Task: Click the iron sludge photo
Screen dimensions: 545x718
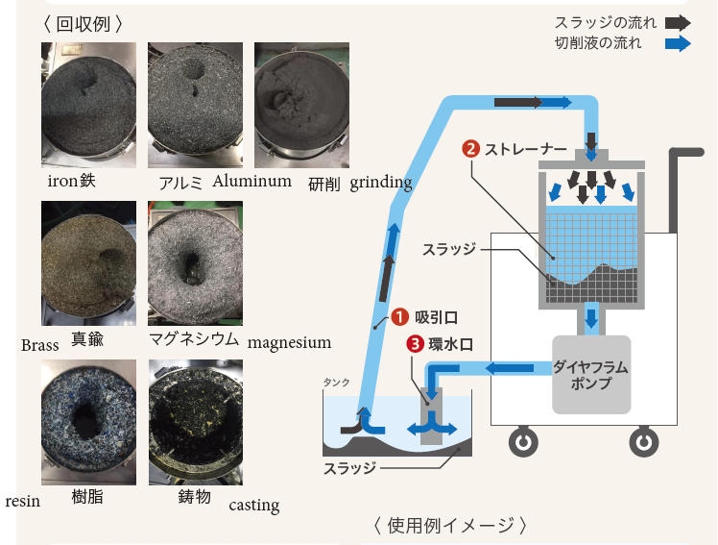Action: point(88,105)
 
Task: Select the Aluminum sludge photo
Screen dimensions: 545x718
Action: point(195,105)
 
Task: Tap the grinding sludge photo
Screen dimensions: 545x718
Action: point(300,105)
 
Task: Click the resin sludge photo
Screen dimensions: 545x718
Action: point(88,421)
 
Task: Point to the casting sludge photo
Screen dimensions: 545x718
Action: point(195,421)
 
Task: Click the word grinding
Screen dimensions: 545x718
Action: point(381,183)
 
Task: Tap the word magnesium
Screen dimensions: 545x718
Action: point(289,342)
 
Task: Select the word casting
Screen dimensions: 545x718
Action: point(254,505)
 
